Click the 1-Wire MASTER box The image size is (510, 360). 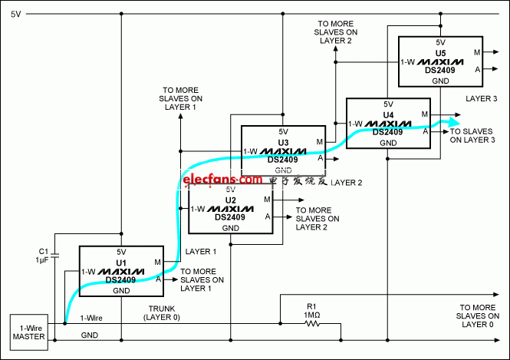pyautogui.click(x=29, y=332)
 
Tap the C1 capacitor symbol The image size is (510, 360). pyautogui.click(x=55, y=255)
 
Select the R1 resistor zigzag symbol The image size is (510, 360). pyautogui.click(x=312, y=324)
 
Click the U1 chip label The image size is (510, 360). pyautogui.click(x=121, y=263)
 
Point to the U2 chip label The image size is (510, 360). pyautogui.click(x=230, y=200)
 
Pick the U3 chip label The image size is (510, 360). pyautogui.click(x=283, y=143)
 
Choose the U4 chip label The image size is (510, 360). pyautogui.click(x=388, y=115)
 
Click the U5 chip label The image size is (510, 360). pyautogui.click(x=440, y=54)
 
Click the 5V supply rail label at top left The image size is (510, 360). pyautogui.click(x=15, y=14)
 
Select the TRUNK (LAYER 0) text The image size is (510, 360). pyautogui.click(x=162, y=313)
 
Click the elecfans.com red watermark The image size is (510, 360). pyautogui.click(x=222, y=179)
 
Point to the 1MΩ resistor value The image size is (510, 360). pyautogui.click(x=311, y=315)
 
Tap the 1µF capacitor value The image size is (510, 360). pyautogui.click(x=42, y=259)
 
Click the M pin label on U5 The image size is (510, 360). pyautogui.click(x=477, y=52)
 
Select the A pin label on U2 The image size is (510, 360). pyautogui.click(x=268, y=216)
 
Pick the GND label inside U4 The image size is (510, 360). pyautogui.click(x=388, y=143)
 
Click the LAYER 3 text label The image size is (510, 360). pyautogui.click(x=482, y=98)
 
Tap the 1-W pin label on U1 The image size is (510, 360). pyautogui.click(x=88, y=272)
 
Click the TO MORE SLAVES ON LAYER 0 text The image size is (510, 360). pyautogui.click(x=478, y=315)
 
